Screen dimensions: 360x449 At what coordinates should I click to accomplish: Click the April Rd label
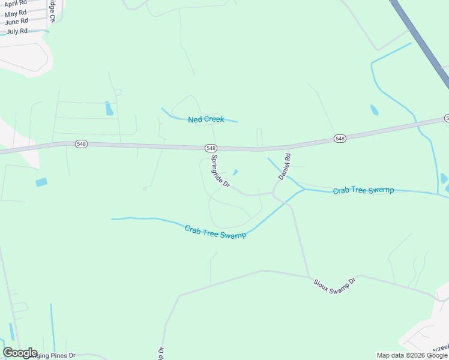(15, 4)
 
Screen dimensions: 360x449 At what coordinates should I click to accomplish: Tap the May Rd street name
(16, 13)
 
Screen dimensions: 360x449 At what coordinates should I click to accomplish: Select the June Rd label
(16, 22)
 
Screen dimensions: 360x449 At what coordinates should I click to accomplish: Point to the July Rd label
(17, 31)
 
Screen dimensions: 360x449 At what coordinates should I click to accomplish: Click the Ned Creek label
(206, 119)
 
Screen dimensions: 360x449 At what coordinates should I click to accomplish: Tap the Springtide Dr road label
(220, 172)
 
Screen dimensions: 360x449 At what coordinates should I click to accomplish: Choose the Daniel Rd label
(284, 167)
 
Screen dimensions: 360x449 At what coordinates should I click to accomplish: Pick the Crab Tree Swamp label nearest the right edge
(364, 190)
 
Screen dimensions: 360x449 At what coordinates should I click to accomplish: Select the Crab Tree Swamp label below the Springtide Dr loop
(215, 232)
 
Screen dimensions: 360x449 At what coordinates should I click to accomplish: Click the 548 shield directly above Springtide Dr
(210, 148)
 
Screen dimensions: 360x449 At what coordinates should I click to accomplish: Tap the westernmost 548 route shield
(82, 144)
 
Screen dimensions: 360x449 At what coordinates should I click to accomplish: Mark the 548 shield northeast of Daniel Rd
(340, 139)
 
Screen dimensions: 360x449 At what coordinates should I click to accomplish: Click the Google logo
(20, 353)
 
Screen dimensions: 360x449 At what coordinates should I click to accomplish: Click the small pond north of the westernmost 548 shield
(109, 109)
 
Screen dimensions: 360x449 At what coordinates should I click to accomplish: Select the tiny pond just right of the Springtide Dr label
(235, 173)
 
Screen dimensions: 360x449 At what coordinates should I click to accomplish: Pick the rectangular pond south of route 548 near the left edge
(41, 182)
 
